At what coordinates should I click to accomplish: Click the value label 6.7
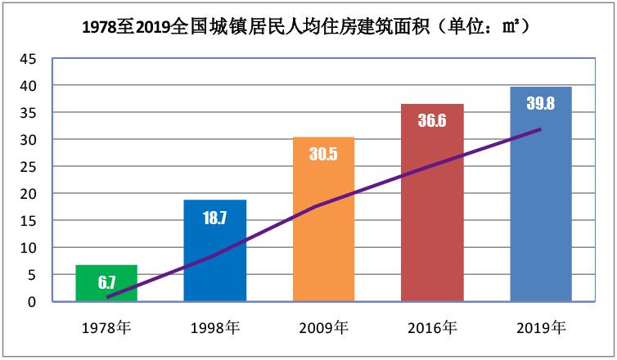click(x=106, y=283)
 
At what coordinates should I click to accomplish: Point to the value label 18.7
click(x=214, y=218)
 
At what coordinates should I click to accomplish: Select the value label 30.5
click(x=323, y=155)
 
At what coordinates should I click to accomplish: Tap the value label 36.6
click(x=432, y=121)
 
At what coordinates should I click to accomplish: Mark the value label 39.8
click(x=541, y=105)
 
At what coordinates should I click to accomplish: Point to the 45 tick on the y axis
click(x=29, y=59)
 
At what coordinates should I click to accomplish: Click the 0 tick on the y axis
click(x=33, y=302)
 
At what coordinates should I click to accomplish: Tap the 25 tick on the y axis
click(x=29, y=167)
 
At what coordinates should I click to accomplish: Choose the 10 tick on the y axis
click(x=29, y=248)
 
